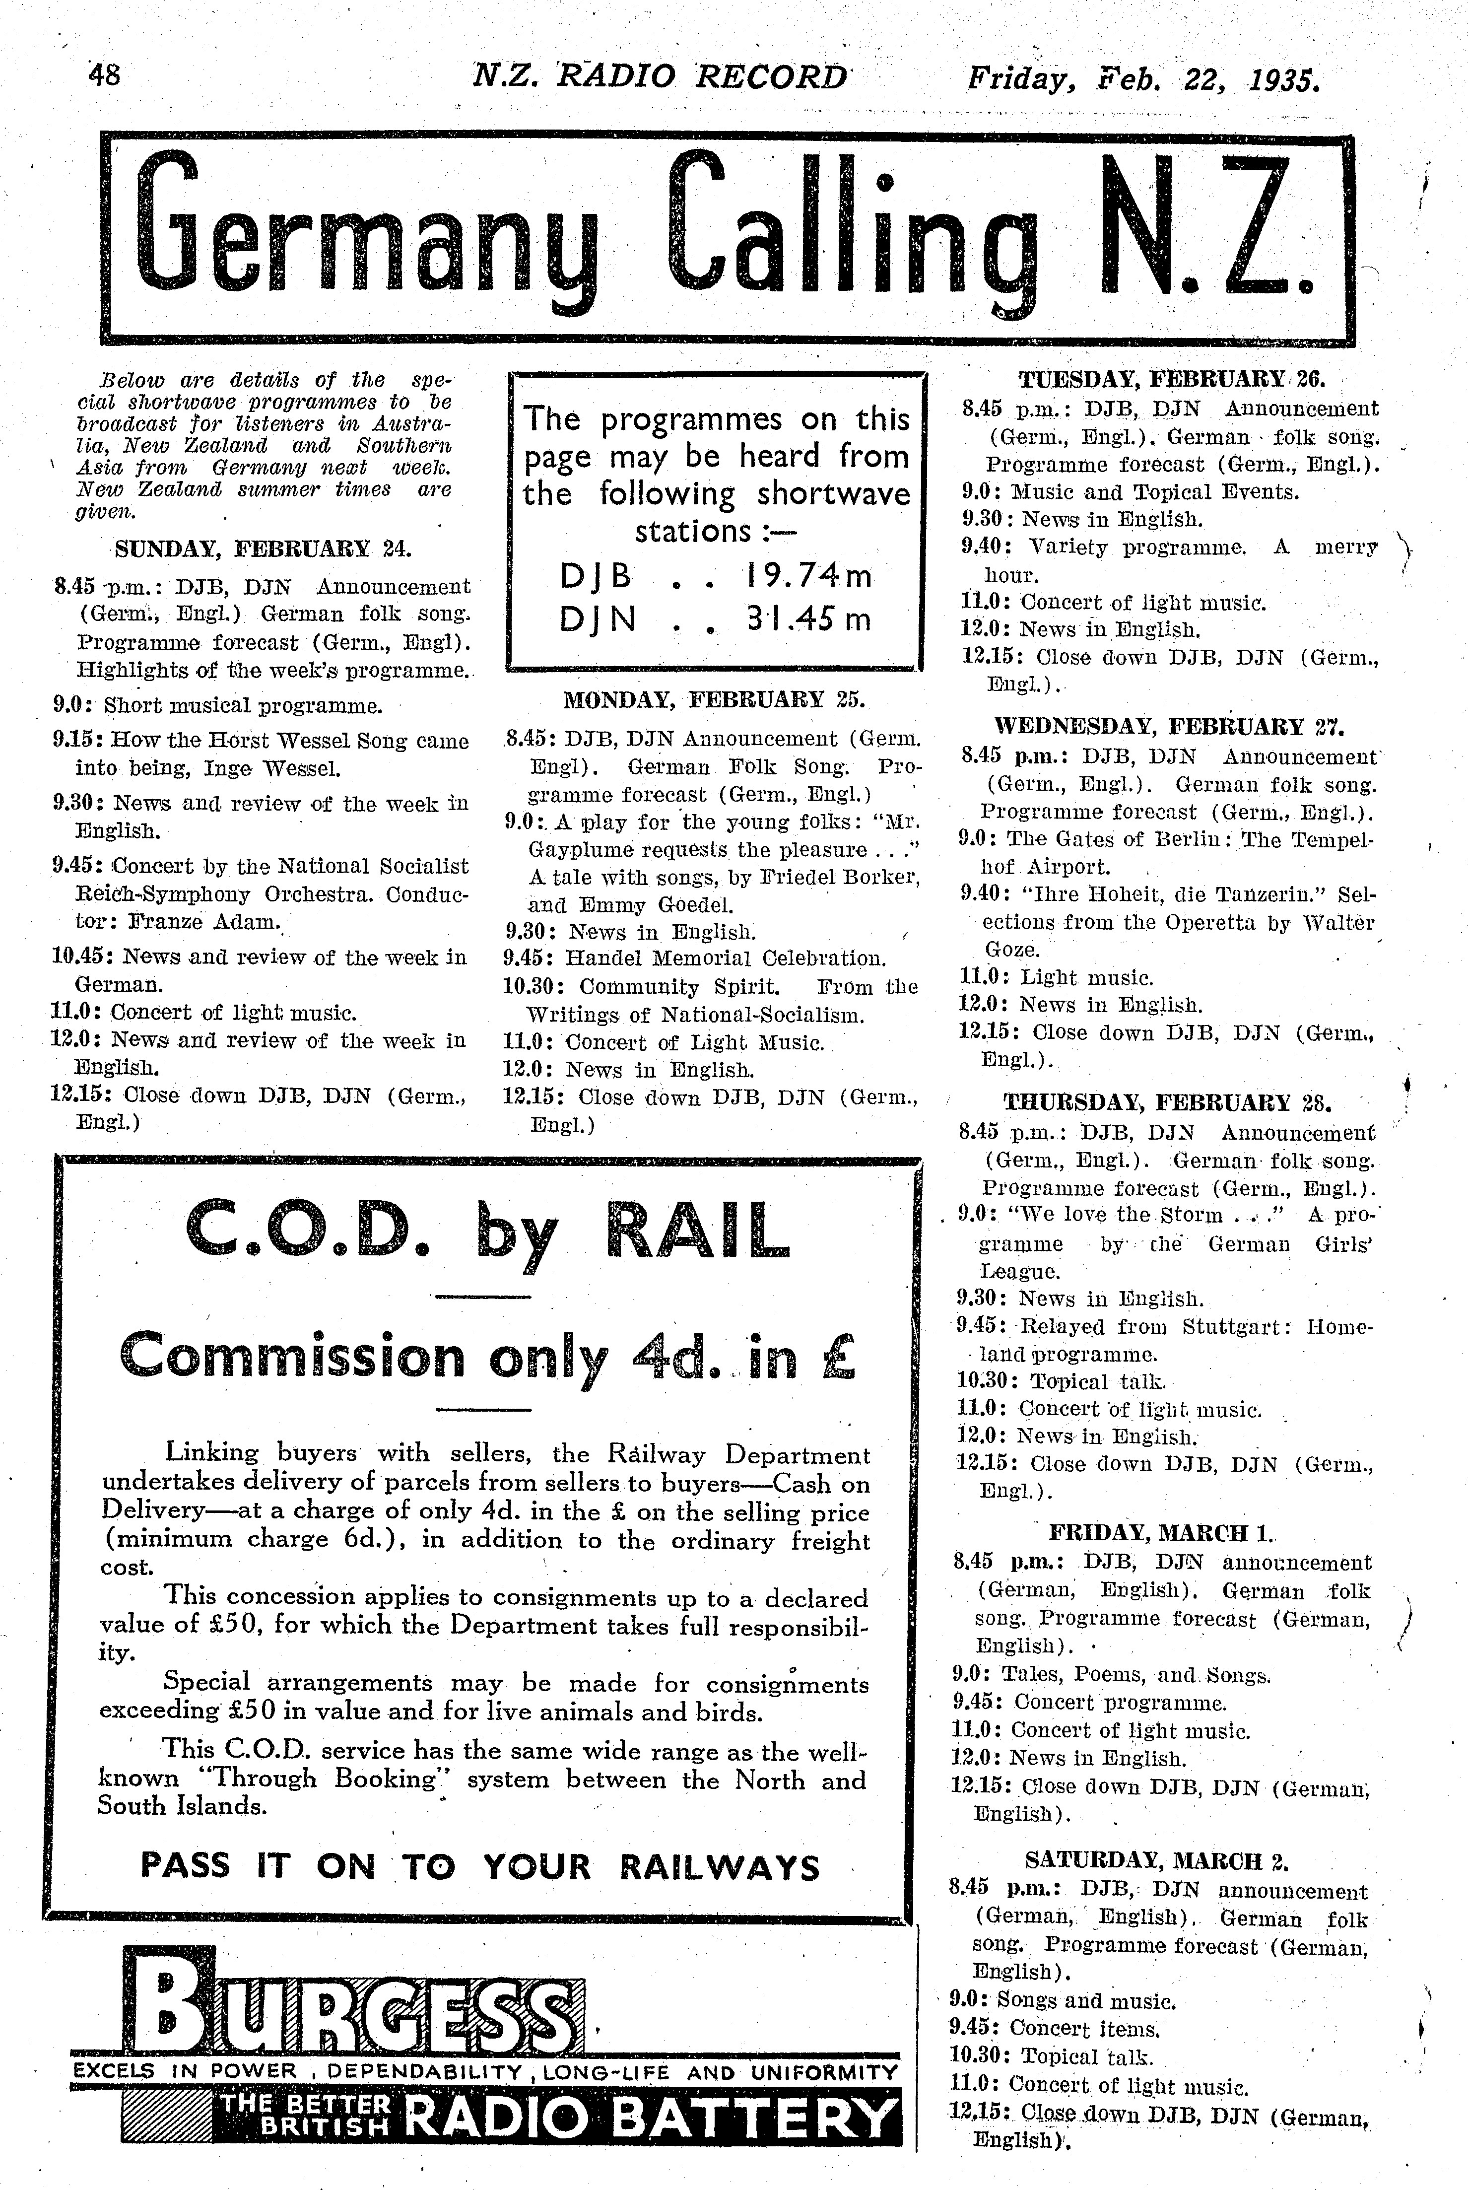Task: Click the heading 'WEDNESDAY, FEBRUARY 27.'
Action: (1168, 727)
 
